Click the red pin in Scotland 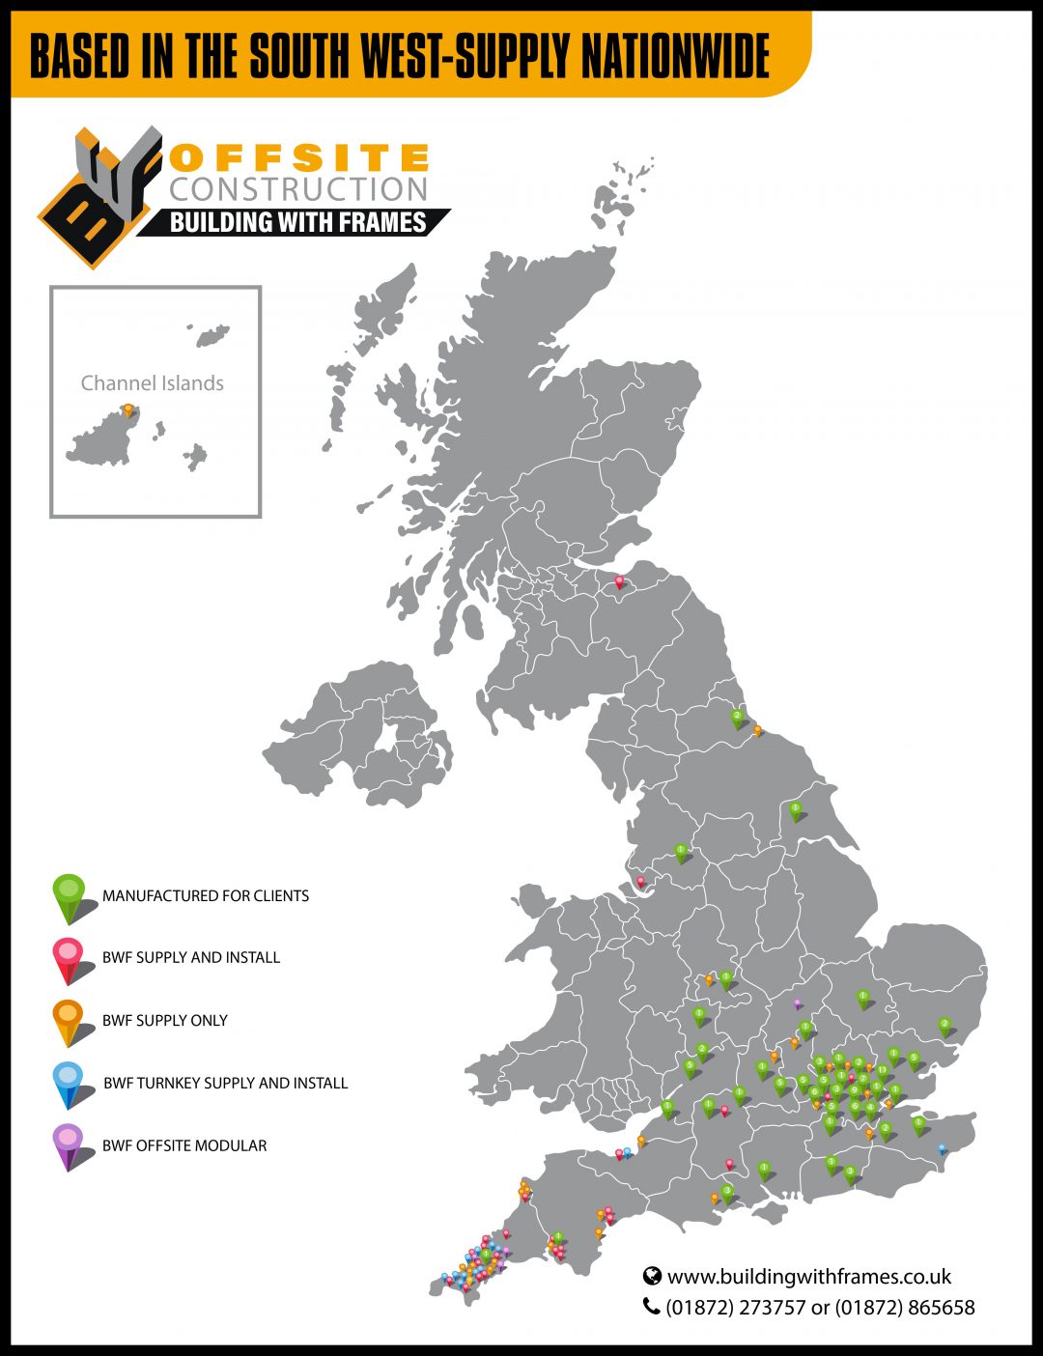(619, 581)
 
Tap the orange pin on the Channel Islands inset (127, 410)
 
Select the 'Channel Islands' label (153, 383)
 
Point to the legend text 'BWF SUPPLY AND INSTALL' (191, 957)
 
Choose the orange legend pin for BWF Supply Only (69, 1020)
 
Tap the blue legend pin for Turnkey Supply (69, 1083)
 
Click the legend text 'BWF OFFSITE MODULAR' (184, 1145)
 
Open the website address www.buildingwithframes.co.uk (809, 1277)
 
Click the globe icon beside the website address (652, 1277)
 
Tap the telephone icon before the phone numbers (652, 1307)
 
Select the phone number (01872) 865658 (905, 1308)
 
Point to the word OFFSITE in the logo (298, 157)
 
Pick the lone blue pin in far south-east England (942, 1148)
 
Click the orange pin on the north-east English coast (757, 730)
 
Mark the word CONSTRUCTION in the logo (298, 189)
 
